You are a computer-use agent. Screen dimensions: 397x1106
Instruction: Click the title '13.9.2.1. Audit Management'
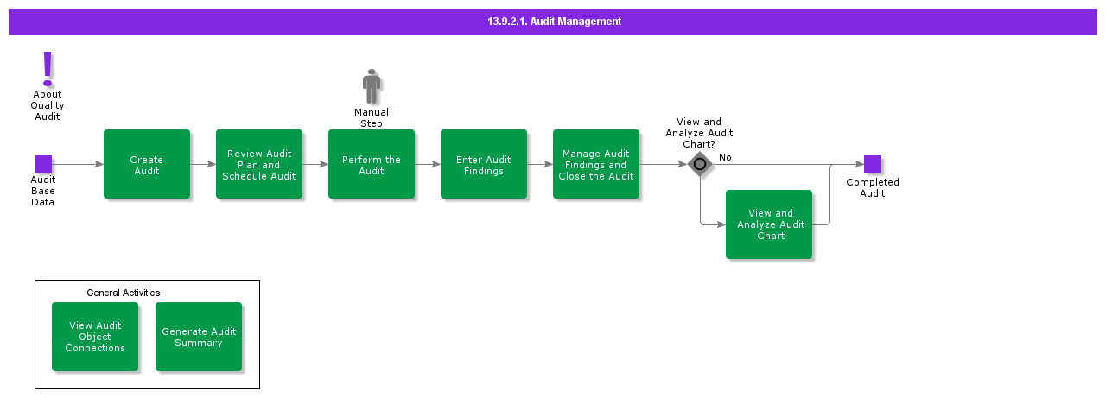pyautogui.click(x=553, y=22)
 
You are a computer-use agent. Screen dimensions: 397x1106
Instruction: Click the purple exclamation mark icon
pyautogui.click(x=48, y=68)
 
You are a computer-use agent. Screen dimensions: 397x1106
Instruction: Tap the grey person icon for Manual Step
pyautogui.click(x=372, y=86)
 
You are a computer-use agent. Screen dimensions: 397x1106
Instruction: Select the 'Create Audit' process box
pyautogui.click(x=147, y=164)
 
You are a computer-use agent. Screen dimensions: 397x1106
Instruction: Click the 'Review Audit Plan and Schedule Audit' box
pyautogui.click(x=259, y=164)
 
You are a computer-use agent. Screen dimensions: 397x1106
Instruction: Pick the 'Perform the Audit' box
pyautogui.click(x=372, y=164)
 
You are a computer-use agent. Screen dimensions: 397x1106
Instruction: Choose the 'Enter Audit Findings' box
pyautogui.click(x=484, y=164)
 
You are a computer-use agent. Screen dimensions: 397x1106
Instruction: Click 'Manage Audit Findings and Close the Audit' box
pyautogui.click(x=596, y=164)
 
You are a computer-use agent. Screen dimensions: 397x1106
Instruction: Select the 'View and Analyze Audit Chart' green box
pyautogui.click(x=769, y=224)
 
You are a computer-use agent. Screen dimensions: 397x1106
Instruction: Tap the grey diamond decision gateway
pyautogui.click(x=700, y=164)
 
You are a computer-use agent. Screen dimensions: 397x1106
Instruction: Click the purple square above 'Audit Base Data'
pyautogui.click(x=43, y=164)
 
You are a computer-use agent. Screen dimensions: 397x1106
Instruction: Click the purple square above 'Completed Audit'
pyautogui.click(x=873, y=164)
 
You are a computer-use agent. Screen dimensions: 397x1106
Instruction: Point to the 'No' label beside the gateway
pyautogui.click(x=725, y=157)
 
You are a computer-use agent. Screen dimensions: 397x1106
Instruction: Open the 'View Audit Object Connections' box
pyautogui.click(x=95, y=337)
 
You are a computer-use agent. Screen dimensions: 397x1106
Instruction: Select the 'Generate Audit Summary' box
pyautogui.click(x=199, y=337)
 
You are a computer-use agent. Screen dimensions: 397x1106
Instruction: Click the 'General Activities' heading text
pyautogui.click(x=123, y=293)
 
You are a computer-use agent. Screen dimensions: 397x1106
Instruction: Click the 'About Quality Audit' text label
pyautogui.click(x=48, y=105)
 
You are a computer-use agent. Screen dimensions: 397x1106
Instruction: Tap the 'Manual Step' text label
pyautogui.click(x=372, y=117)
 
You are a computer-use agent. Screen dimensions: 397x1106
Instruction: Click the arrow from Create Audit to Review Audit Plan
pyautogui.click(x=203, y=164)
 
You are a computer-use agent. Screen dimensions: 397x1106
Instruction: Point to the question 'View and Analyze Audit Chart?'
pyautogui.click(x=699, y=133)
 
